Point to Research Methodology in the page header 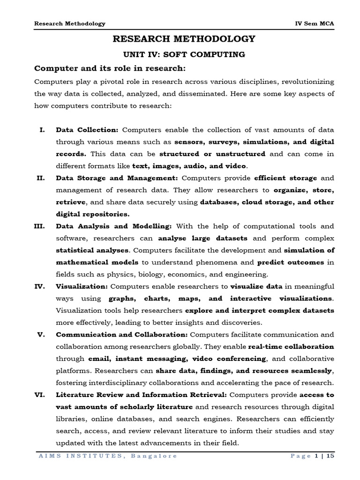tap(70, 23)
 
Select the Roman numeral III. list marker tap(39, 226)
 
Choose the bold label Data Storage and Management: tap(117, 178)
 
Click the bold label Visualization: tap(82, 286)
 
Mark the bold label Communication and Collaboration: tap(122, 334)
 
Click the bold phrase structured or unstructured tap(212, 153)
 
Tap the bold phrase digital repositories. tap(92, 214)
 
